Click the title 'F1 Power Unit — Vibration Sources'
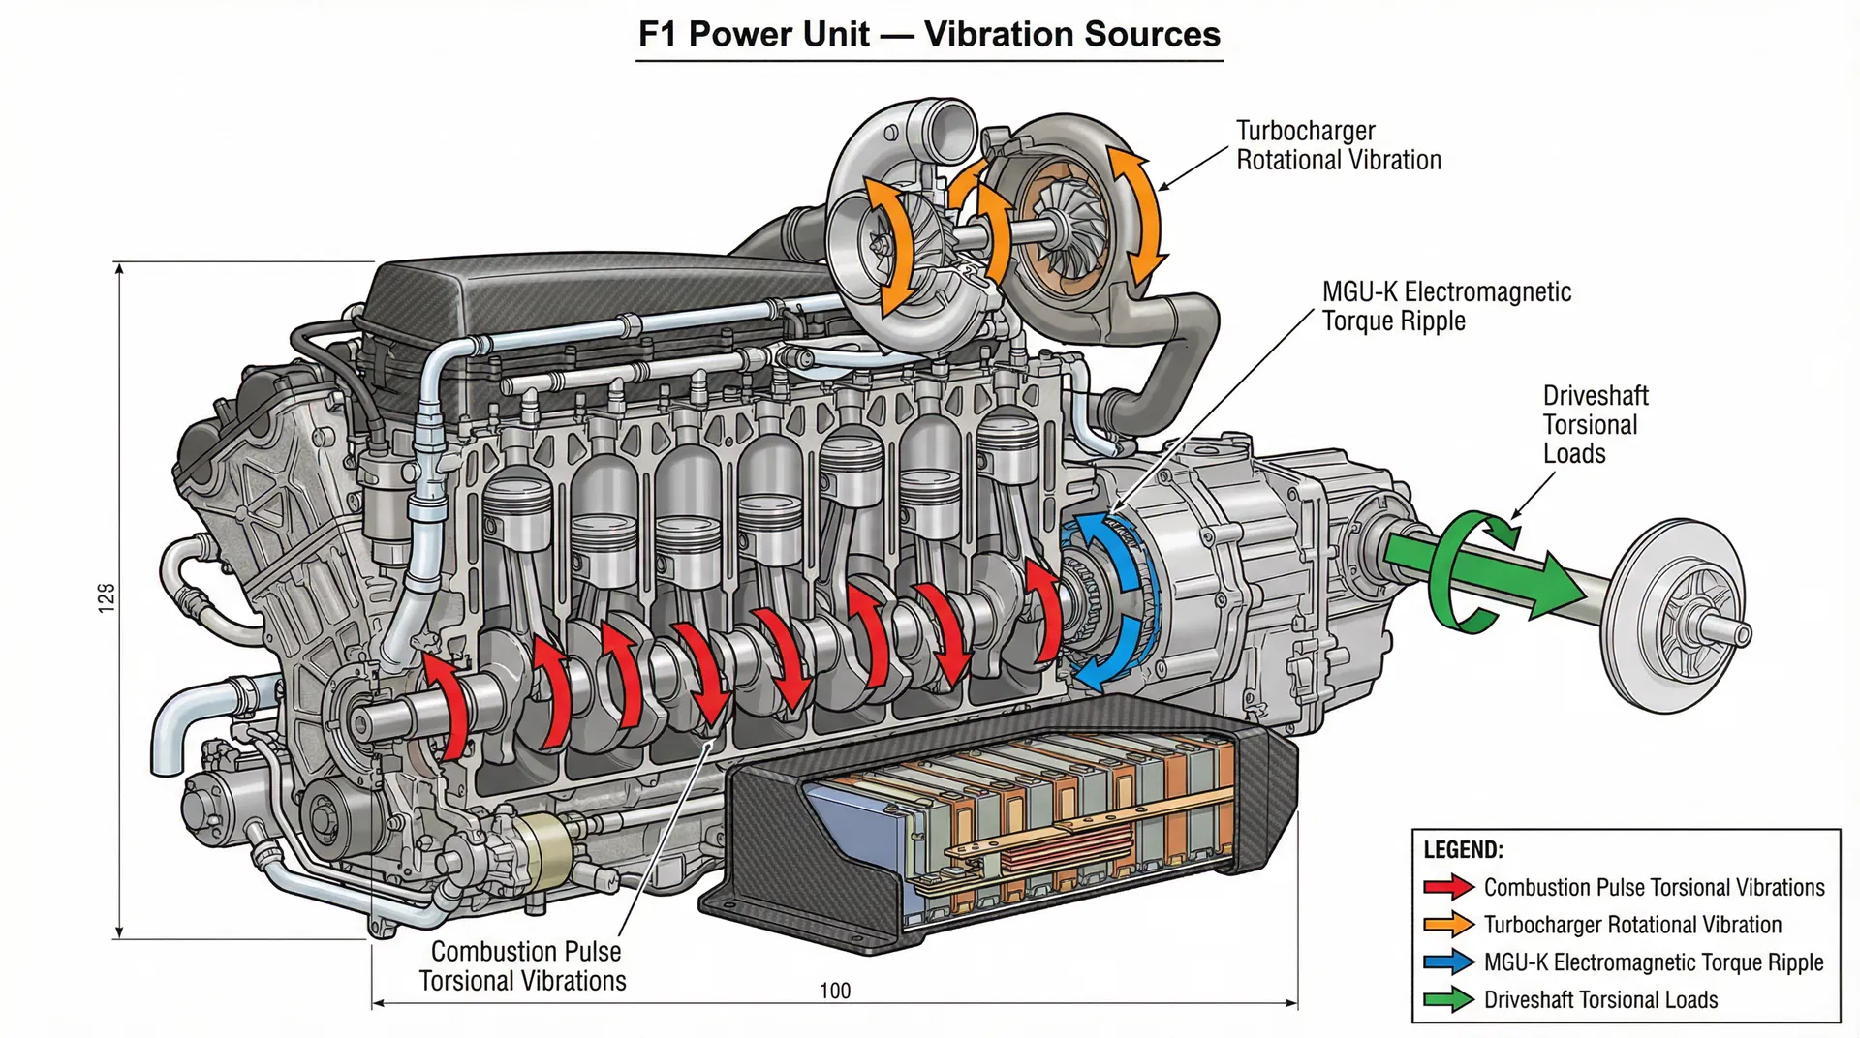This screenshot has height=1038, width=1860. (929, 34)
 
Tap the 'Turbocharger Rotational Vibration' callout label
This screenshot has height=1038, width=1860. (1338, 145)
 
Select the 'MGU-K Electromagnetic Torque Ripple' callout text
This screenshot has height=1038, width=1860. (1445, 306)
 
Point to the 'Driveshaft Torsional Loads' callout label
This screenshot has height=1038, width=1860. (1594, 424)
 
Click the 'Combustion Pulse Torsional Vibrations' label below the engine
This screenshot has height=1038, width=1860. (523, 965)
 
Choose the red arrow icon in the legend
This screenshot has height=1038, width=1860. (1448, 887)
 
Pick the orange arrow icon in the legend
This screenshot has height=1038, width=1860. (1448, 925)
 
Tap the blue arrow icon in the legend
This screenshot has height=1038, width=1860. (1448, 962)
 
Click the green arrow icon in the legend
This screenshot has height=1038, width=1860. (1448, 1000)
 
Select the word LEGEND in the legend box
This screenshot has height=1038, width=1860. (1463, 850)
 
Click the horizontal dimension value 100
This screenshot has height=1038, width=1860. (835, 991)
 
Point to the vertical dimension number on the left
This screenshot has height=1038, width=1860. (107, 596)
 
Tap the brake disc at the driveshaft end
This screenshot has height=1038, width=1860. (1681, 617)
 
